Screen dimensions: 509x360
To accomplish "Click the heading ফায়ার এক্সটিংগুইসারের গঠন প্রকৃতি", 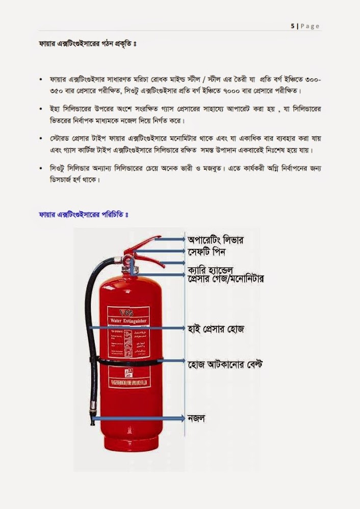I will point(86,44).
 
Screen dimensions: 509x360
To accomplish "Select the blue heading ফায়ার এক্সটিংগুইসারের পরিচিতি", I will point(83,215).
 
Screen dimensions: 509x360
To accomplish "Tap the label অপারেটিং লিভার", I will point(216,239).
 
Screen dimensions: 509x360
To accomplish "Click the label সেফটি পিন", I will point(207,252).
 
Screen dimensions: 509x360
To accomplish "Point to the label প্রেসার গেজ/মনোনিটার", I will point(225,279).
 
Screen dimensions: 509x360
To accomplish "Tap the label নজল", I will point(196,419).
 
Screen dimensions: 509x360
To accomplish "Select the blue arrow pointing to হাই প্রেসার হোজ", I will point(138,328).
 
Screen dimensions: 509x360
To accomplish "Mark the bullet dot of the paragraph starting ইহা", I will point(40,109).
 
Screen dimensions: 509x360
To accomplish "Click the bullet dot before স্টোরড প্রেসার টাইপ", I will point(40,139).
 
